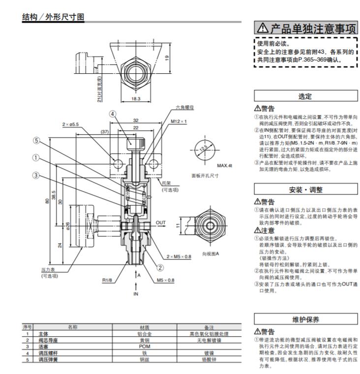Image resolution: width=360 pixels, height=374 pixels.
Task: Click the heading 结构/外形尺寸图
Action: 54,17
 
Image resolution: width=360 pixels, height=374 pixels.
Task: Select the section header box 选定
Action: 305,97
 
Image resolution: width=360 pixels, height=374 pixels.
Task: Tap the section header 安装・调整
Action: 305,189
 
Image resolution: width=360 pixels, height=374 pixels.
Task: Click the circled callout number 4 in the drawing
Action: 113,114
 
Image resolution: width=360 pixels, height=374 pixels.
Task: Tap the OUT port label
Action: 161,222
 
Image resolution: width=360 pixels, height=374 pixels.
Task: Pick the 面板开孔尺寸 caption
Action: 205,175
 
